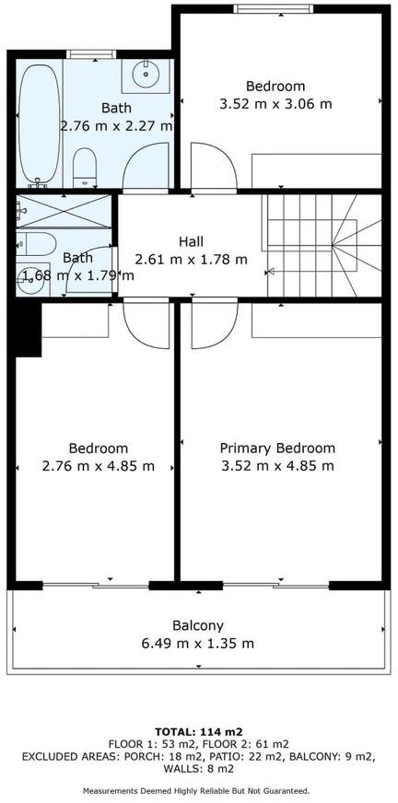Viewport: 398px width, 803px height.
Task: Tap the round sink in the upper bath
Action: (146, 76)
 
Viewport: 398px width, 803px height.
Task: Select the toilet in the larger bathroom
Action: (85, 168)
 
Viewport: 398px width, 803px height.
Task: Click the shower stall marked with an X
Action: (64, 211)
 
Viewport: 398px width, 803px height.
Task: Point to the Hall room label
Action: (191, 241)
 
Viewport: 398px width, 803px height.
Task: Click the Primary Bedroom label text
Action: (277, 448)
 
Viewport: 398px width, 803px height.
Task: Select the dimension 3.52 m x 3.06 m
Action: (275, 104)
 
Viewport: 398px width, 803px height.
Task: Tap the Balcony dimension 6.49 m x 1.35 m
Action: (198, 643)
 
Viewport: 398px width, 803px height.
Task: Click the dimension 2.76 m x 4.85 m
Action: (99, 466)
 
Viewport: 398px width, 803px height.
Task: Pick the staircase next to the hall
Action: (322, 245)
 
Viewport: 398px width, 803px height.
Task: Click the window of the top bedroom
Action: (273, 8)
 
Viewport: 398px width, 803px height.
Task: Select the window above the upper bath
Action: (91, 54)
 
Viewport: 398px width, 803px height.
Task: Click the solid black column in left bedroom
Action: (29, 330)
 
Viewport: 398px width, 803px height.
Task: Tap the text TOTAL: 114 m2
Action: (198, 731)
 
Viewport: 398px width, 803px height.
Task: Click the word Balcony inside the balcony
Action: (198, 625)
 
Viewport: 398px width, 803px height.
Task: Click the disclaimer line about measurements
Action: (196, 790)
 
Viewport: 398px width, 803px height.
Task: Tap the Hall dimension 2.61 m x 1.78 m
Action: (191, 259)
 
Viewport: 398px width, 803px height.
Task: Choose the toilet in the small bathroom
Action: (35, 244)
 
